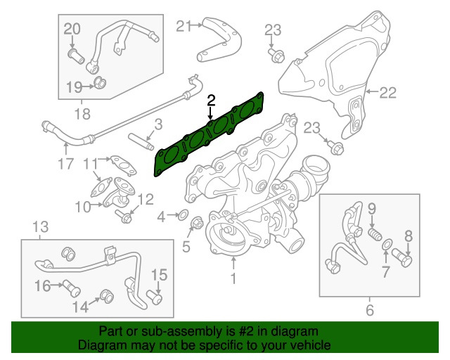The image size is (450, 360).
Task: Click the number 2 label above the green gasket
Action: pos(210,101)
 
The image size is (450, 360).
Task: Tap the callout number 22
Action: pos(388,92)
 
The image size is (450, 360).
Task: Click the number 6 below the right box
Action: pos(370,310)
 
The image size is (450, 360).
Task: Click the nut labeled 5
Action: pos(196,226)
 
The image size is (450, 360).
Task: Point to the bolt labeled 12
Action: pos(124,216)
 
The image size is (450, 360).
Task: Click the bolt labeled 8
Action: pos(404,259)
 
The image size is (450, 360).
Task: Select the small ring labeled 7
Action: pos(387,245)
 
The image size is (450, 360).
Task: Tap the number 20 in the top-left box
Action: pos(72,29)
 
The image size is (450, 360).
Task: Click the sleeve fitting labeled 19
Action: pos(101,85)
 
